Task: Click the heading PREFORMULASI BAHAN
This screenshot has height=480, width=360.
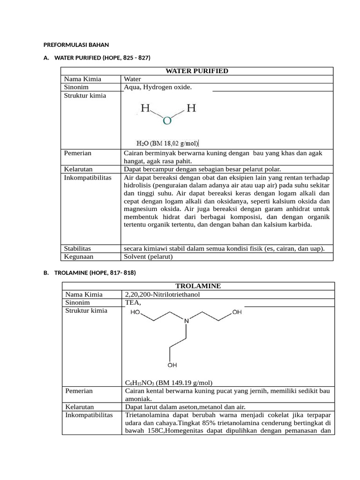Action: tap(76, 45)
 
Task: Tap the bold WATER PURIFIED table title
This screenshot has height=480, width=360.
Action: tap(197, 71)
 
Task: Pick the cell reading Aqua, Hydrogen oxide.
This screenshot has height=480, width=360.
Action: tap(158, 87)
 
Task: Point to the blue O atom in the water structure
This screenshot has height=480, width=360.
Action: tap(167, 121)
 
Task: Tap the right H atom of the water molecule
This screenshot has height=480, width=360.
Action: tap(191, 109)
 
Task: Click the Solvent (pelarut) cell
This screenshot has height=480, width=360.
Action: tap(148, 256)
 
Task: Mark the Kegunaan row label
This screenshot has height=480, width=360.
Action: tap(79, 256)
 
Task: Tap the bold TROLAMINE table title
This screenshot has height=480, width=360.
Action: tap(198, 285)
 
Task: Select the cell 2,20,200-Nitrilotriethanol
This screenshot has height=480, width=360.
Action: tap(162, 294)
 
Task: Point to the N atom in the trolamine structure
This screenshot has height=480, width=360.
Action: tap(186, 321)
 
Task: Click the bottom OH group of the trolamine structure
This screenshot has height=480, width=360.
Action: tap(172, 365)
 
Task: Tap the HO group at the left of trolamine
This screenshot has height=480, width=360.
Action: tap(135, 312)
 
